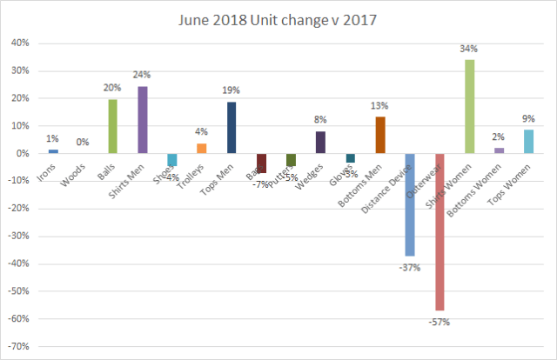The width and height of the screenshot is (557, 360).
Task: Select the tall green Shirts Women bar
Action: click(x=470, y=106)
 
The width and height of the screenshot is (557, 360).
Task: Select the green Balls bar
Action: click(x=112, y=126)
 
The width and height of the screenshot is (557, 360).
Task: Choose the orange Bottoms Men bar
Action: click(x=380, y=135)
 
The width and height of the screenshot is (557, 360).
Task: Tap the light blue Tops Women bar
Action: click(x=529, y=141)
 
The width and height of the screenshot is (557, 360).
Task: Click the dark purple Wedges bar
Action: click(x=321, y=142)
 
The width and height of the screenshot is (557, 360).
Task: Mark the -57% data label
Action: click(x=440, y=322)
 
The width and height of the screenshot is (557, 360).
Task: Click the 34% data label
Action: click(x=470, y=49)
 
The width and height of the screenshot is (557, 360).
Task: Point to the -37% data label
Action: click(x=410, y=267)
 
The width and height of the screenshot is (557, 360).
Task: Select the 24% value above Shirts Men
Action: click(x=143, y=76)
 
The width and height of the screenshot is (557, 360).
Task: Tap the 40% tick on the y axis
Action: click(x=20, y=43)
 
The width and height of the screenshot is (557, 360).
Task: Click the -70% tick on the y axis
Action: click(x=18, y=347)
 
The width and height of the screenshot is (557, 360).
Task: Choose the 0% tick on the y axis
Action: click(x=23, y=154)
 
